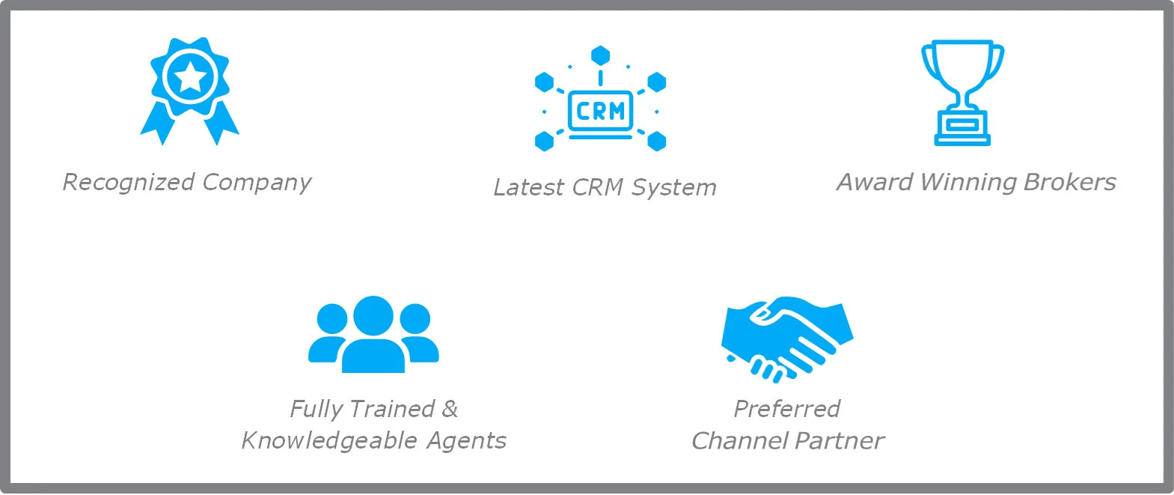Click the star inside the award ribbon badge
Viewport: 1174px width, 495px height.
click(190, 76)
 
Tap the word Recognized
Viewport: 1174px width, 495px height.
click(129, 182)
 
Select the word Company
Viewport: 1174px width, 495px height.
click(257, 183)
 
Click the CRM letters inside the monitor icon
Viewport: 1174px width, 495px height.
click(600, 112)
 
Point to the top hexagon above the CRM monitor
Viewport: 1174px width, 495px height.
click(600, 55)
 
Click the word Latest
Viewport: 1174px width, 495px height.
click(528, 187)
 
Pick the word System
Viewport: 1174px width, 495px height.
click(673, 187)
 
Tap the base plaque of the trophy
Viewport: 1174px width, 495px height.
click(962, 127)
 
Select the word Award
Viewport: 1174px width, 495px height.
click(875, 182)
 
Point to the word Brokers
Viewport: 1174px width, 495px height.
click(1070, 182)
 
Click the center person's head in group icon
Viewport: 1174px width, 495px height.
click(373, 315)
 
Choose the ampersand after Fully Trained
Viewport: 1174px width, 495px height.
click(450, 409)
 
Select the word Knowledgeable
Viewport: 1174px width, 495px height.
click(329, 440)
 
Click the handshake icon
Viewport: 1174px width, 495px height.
click(786, 337)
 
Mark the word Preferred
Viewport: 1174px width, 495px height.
click(787, 409)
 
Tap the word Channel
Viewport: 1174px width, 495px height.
click(739, 441)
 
